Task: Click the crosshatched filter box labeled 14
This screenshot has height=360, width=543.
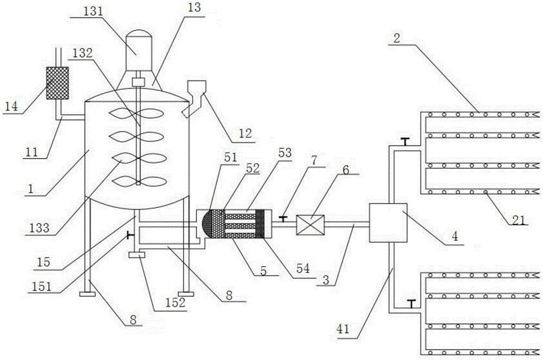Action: point(58,83)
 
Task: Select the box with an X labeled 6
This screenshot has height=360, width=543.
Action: point(310,225)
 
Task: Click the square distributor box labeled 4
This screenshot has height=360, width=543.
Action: point(388,223)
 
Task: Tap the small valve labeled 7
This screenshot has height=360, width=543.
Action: point(283,219)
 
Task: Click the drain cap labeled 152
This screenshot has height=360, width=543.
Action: point(137,255)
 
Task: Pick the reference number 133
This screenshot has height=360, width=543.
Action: point(40,228)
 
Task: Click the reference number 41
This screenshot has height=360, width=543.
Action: point(344,329)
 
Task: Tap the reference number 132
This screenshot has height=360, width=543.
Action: point(83,53)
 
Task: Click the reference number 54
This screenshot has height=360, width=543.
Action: point(303,268)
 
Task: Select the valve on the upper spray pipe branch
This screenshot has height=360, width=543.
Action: point(405,142)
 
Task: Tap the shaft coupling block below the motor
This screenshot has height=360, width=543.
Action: point(138,83)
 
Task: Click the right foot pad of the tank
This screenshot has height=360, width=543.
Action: point(186,294)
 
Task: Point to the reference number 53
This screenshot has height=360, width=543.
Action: point(285,153)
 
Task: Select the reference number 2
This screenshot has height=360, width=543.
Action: point(397,37)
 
